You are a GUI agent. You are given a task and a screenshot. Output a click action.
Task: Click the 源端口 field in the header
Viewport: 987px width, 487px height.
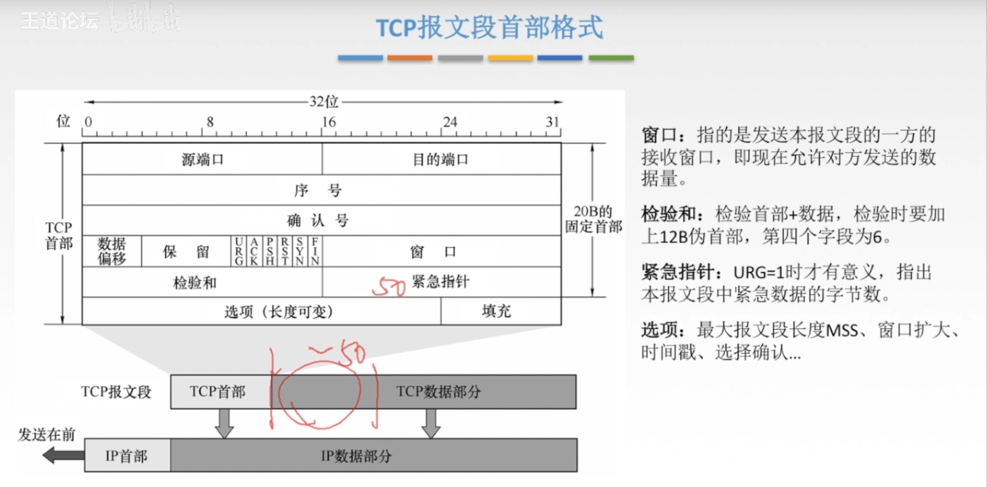[x=202, y=159]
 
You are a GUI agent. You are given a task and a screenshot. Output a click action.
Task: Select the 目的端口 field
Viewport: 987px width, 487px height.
[x=441, y=159]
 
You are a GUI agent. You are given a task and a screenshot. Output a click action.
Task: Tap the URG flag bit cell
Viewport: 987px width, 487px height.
[x=239, y=251]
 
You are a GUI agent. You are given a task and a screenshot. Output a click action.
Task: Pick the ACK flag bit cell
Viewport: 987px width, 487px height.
[x=254, y=251]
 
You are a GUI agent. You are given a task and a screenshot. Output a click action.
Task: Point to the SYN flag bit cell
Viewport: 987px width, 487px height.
[x=299, y=251]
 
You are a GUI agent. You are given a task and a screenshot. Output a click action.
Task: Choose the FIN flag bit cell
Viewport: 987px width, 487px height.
[x=315, y=251]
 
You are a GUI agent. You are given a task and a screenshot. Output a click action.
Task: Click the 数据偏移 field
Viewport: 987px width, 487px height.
[x=112, y=251]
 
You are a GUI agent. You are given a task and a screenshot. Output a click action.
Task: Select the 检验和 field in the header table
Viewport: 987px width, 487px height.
[x=195, y=283]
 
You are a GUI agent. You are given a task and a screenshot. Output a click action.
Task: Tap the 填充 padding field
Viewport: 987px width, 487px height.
[x=497, y=311]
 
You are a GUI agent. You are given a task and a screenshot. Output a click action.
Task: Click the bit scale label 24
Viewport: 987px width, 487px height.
[x=450, y=122]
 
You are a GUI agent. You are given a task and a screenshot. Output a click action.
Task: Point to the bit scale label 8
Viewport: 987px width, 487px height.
[x=210, y=122]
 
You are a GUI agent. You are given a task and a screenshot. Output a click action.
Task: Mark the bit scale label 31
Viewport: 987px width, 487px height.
[x=552, y=122]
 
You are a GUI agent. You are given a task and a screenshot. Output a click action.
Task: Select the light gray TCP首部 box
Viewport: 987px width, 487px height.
[x=219, y=392]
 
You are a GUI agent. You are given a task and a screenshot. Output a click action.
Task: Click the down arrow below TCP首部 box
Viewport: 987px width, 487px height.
[x=224, y=423]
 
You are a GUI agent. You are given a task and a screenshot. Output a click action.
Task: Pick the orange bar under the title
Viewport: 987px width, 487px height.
[x=410, y=58]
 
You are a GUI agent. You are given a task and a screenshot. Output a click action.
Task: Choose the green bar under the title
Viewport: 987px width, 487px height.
[x=611, y=58]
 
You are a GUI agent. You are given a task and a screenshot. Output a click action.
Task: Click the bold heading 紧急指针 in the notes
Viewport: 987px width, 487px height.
[x=679, y=272]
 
